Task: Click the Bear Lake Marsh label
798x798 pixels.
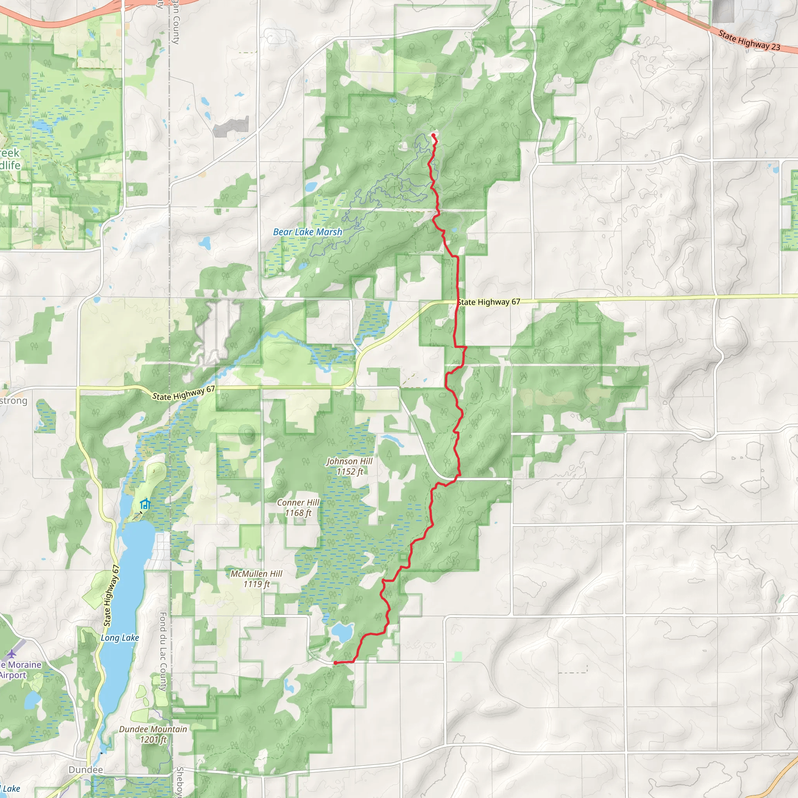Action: pyautogui.click(x=308, y=232)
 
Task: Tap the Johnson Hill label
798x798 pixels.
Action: pyautogui.click(x=350, y=461)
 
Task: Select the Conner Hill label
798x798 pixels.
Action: pyautogui.click(x=298, y=503)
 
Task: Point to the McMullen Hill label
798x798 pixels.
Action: pyautogui.click(x=256, y=574)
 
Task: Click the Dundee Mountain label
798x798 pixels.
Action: pyautogui.click(x=153, y=729)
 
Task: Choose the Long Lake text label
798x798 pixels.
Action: pyautogui.click(x=120, y=638)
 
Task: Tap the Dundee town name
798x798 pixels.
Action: pyautogui.click(x=86, y=770)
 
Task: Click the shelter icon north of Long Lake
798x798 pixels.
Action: pyautogui.click(x=145, y=504)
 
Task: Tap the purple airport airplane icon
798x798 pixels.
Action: pyautogui.click(x=12, y=654)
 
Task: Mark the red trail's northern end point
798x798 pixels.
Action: pyautogui.click(x=433, y=135)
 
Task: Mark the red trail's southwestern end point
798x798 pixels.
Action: pyautogui.click(x=335, y=663)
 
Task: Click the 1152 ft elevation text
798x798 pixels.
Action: pyautogui.click(x=350, y=472)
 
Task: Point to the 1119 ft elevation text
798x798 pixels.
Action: pyautogui.click(x=256, y=584)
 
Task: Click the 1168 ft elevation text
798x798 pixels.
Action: pyautogui.click(x=298, y=513)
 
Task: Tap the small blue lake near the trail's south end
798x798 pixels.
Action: pyautogui.click(x=342, y=632)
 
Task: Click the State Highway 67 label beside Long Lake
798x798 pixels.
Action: pyautogui.click(x=111, y=596)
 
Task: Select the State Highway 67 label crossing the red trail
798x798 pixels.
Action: pyautogui.click(x=489, y=302)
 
